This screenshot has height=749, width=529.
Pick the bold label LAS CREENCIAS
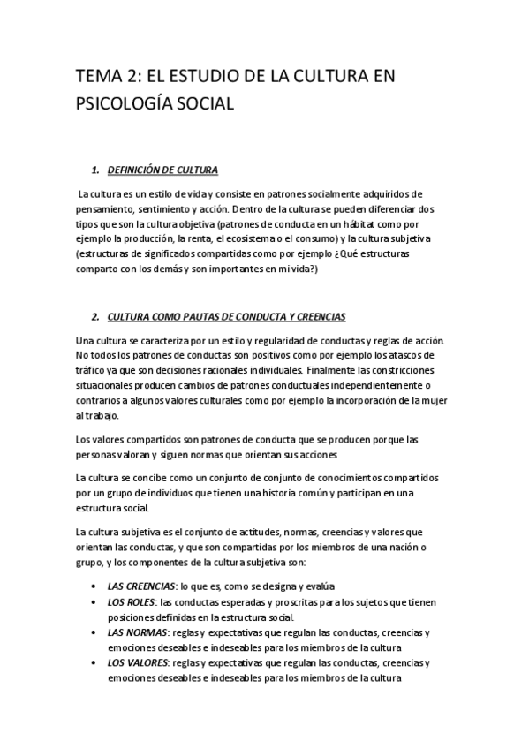[x=140, y=586]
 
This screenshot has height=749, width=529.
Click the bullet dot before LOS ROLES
[x=95, y=602]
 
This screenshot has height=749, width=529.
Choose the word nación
[x=401, y=547]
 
